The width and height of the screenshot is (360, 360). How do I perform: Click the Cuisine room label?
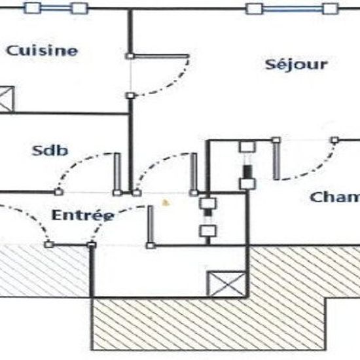(42, 50)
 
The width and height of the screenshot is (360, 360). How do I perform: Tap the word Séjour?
(296, 64)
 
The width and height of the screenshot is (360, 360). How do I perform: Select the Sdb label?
(50, 151)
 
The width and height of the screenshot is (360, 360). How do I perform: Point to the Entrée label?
(83, 215)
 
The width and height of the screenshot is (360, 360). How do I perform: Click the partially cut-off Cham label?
(334, 197)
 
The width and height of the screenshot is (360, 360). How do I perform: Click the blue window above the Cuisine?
(56, 8)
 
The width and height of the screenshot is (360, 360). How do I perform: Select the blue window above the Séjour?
(292, 9)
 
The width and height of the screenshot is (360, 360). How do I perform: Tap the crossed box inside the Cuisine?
(7, 99)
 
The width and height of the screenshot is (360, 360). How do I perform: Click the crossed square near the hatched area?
(226, 284)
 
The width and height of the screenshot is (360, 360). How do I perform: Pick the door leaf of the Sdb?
(117, 173)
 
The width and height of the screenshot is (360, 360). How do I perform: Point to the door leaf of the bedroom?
(276, 160)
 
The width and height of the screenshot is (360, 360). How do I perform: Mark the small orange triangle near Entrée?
(166, 203)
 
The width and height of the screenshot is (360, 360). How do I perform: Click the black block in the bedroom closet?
(247, 171)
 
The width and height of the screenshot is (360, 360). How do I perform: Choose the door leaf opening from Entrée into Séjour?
(194, 173)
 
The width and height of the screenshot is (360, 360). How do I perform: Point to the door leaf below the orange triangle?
(151, 225)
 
